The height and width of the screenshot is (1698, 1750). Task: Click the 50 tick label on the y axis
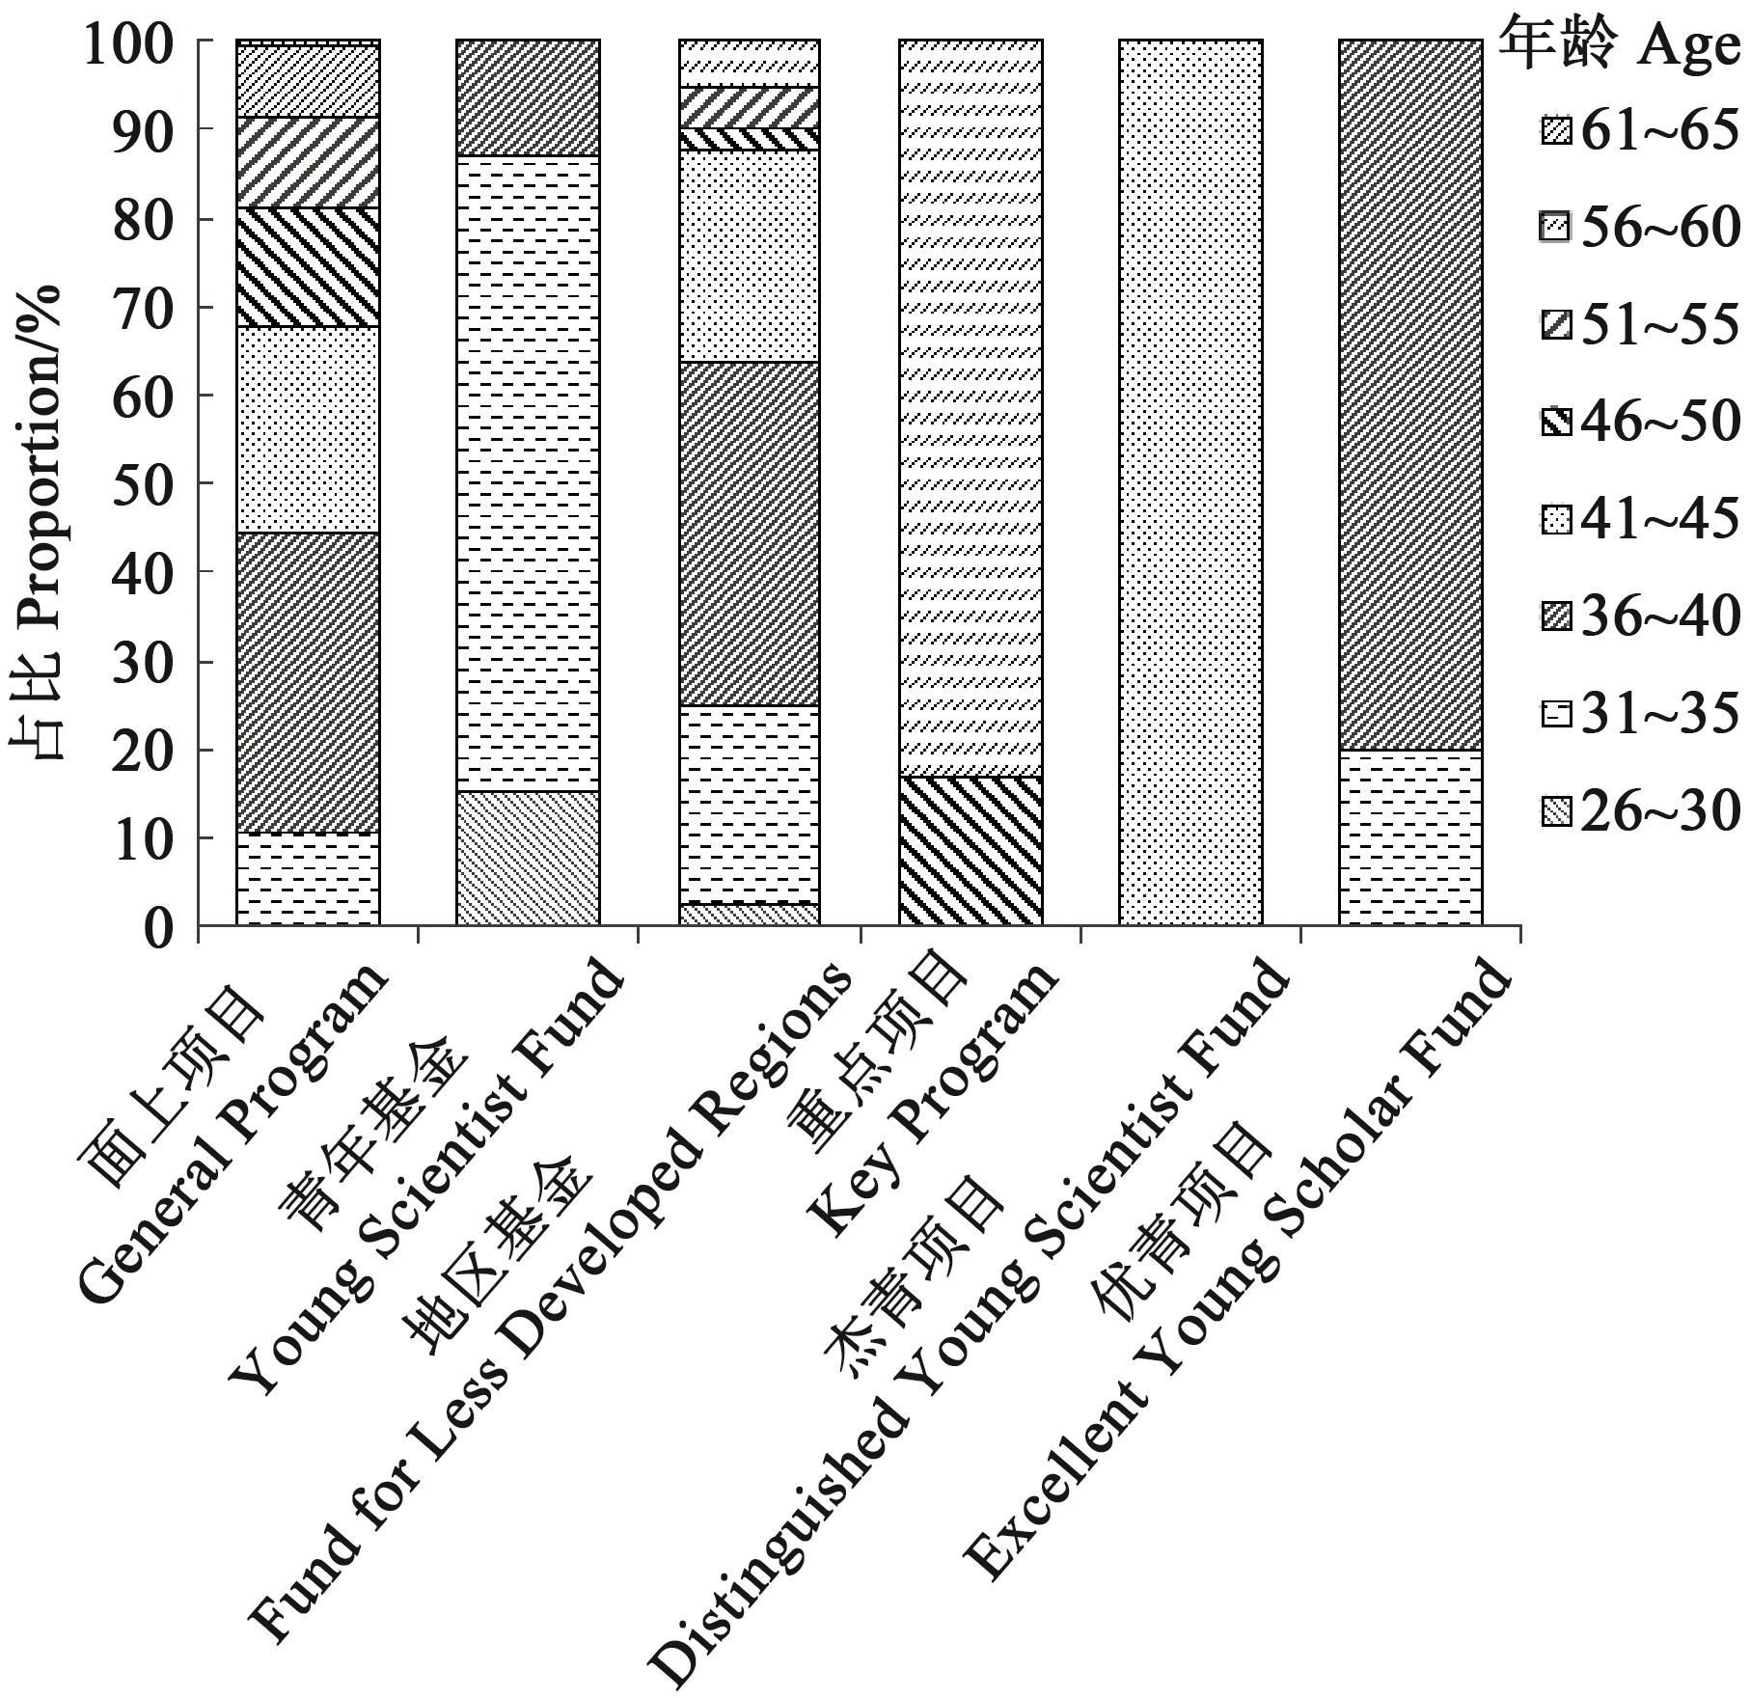click(x=144, y=484)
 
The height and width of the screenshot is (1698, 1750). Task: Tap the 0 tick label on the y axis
click(x=174, y=928)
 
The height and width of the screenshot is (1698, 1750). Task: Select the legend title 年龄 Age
click(x=1621, y=46)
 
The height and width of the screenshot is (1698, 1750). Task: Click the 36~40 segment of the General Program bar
click(x=308, y=683)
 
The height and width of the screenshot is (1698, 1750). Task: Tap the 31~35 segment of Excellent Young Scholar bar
click(x=1410, y=837)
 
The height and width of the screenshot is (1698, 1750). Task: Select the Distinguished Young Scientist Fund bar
click(x=1190, y=482)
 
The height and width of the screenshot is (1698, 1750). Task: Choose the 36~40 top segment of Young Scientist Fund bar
click(x=528, y=97)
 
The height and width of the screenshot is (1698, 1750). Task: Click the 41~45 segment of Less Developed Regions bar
click(x=749, y=256)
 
